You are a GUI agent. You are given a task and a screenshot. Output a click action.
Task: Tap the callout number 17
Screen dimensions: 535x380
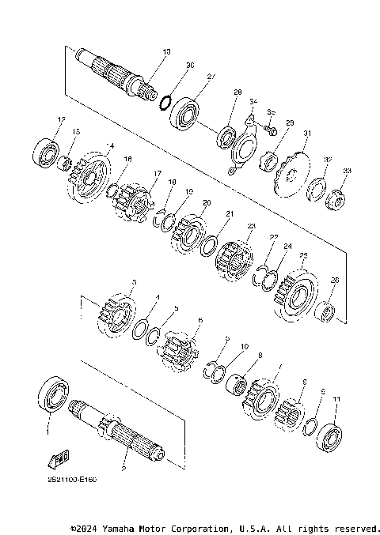click(158, 175)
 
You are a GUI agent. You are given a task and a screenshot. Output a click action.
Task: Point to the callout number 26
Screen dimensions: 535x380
click(335, 280)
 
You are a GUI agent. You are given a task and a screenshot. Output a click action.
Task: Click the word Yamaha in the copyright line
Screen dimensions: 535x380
click(118, 527)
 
